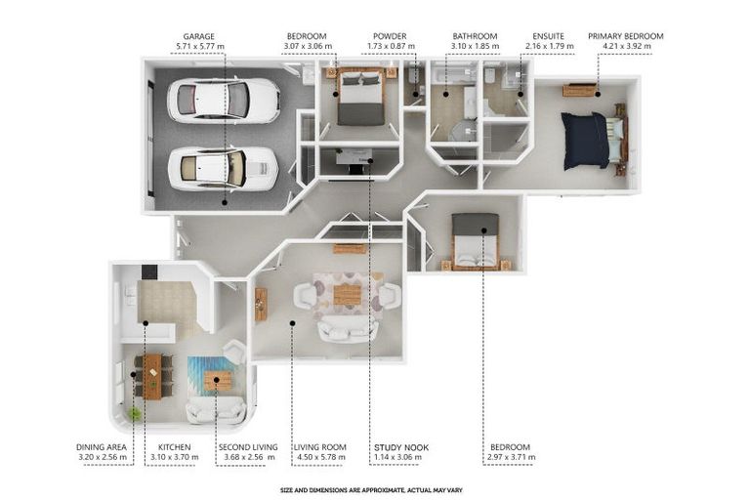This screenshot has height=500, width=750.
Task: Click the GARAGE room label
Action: point(198,36)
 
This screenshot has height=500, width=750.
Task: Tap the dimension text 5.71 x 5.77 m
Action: point(200,47)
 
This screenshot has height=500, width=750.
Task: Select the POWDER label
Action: point(390,36)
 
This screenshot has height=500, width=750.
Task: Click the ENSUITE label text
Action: point(548,36)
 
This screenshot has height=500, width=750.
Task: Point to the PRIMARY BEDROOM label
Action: point(626,36)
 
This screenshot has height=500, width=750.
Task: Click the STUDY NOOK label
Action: point(401,447)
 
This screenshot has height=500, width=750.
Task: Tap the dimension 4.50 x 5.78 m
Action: point(319,457)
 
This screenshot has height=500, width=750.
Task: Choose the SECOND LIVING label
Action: point(248,447)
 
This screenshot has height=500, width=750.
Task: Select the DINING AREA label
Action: point(102,447)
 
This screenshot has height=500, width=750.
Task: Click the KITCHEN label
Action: point(174,447)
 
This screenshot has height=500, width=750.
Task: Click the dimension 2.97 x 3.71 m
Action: point(512,457)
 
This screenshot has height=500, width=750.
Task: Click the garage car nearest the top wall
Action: point(224,101)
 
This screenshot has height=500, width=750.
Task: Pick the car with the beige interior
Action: point(224,169)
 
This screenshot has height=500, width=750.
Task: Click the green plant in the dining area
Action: point(135,414)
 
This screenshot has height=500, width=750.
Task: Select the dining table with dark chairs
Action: point(153,377)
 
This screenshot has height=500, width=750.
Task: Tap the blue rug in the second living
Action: point(211,376)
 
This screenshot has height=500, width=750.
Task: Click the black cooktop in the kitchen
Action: point(148,272)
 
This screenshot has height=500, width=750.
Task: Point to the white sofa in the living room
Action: point(348,331)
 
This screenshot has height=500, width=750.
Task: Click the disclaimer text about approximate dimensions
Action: point(371,490)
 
